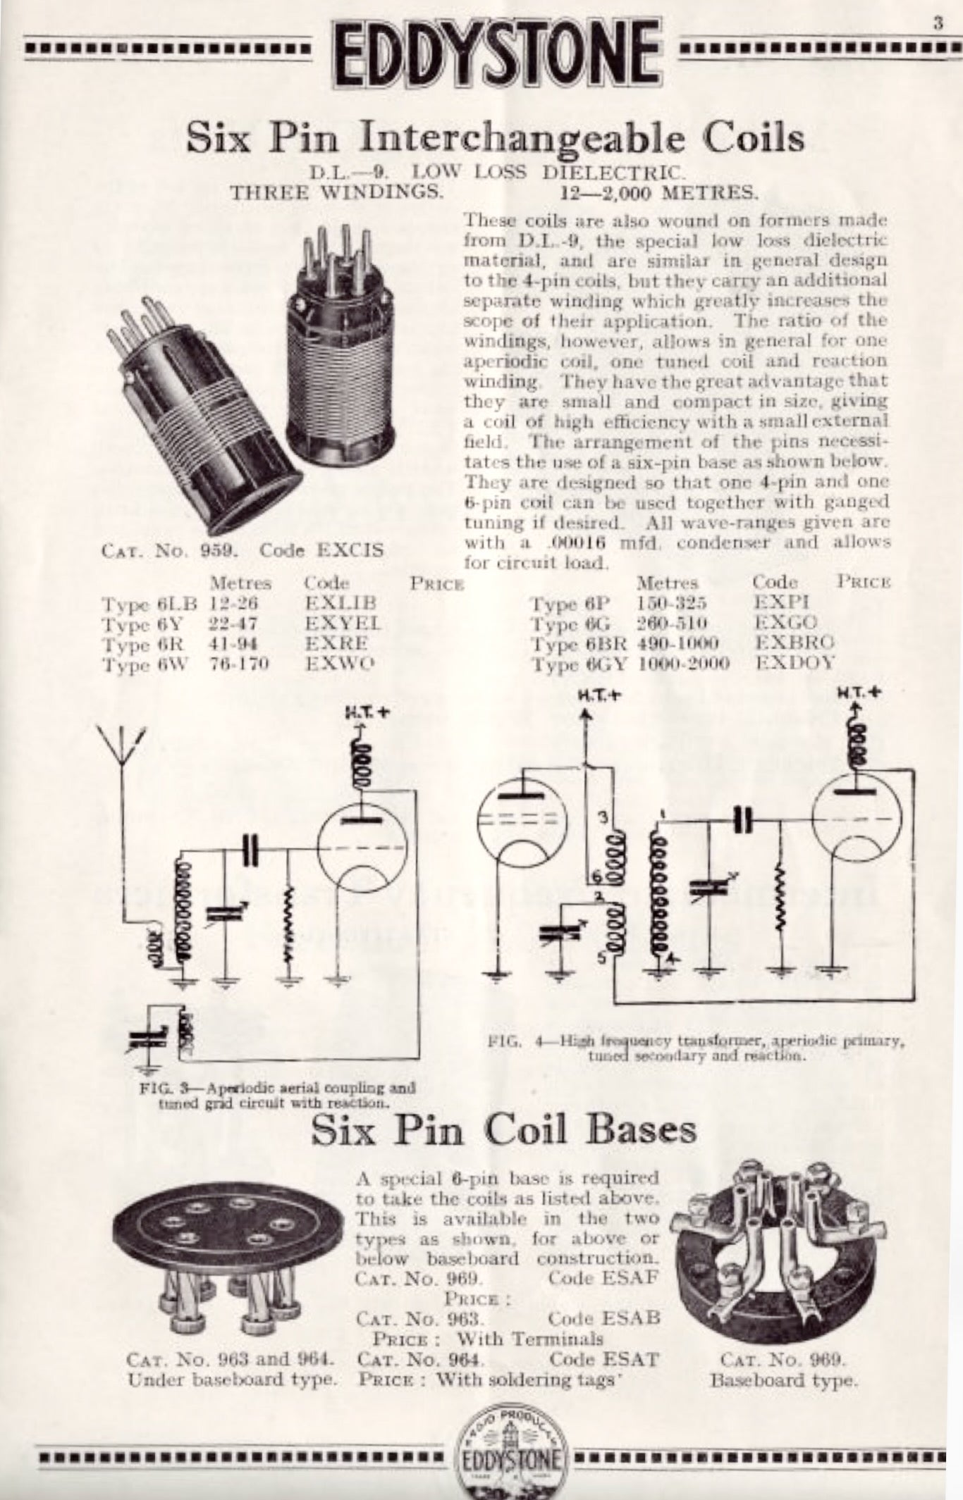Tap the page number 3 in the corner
[938, 23]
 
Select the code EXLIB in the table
[341, 604]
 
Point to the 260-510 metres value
[671, 623]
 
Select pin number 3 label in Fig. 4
[602, 817]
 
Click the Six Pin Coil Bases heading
[503, 1131]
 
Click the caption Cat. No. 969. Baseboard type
[783, 1369]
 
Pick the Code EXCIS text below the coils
[321, 550]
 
